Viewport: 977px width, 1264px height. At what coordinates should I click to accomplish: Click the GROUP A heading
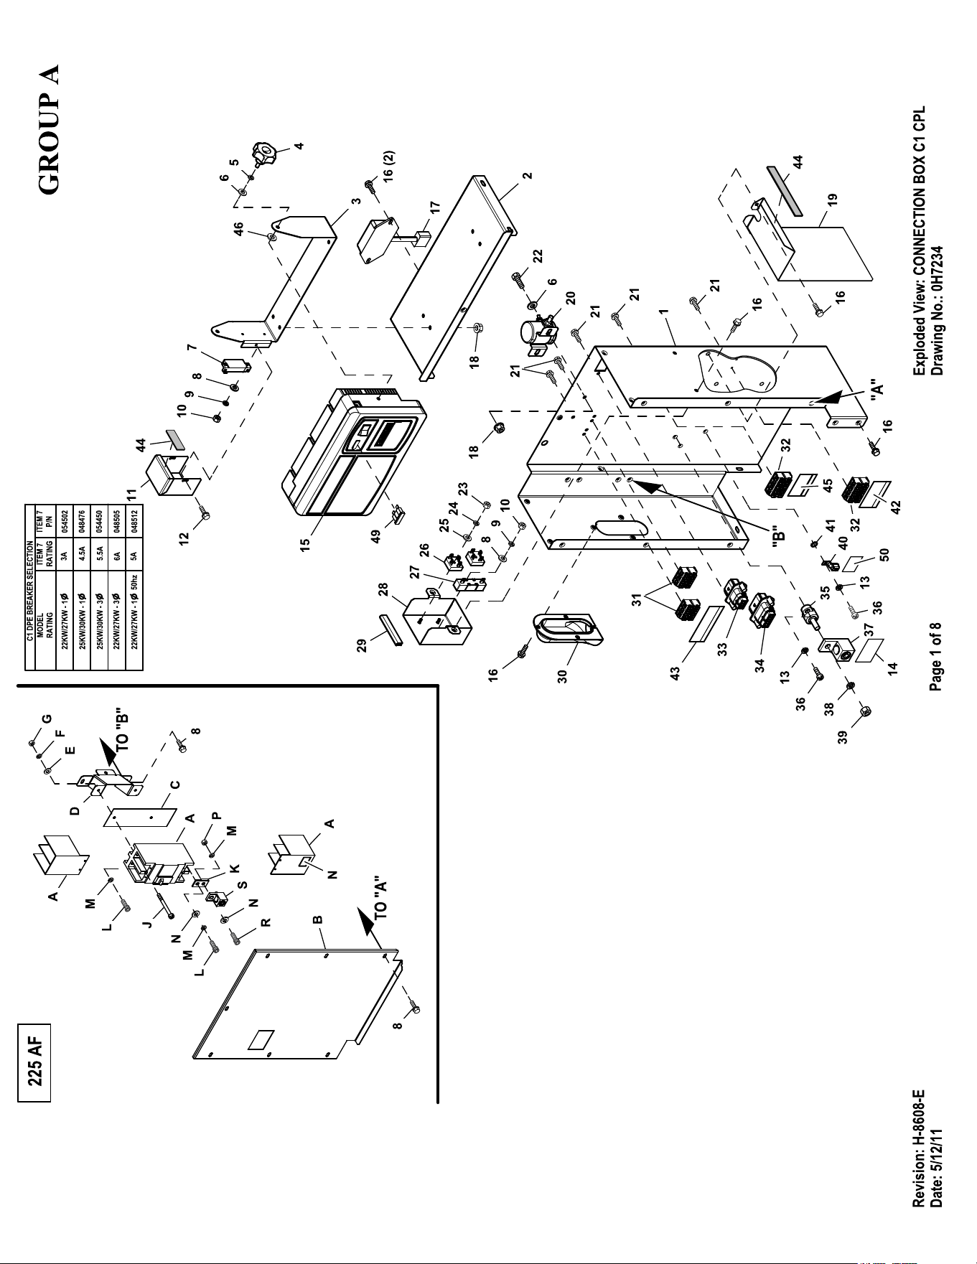pos(49,128)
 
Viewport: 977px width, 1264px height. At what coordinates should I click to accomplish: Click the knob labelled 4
pos(264,152)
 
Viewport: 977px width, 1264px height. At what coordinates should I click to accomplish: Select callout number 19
pos(831,200)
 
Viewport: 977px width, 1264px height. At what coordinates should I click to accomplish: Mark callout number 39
pos(845,736)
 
